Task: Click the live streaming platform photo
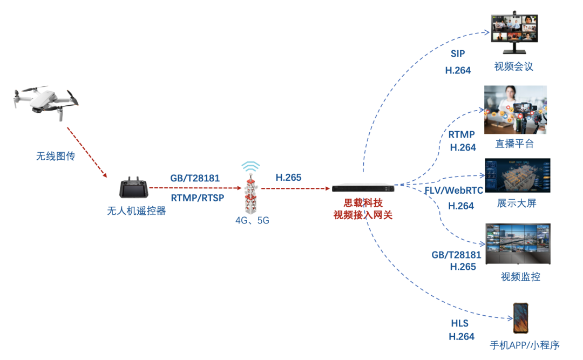click(515, 110)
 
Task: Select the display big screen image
click(517, 175)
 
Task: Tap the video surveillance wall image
click(517, 243)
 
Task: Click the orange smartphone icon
click(520, 318)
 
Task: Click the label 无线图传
click(56, 157)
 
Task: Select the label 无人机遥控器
click(136, 211)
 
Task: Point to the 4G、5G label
click(252, 220)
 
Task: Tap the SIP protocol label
click(458, 54)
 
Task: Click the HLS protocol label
click(460, 323)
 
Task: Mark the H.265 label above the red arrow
click(288, 178)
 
